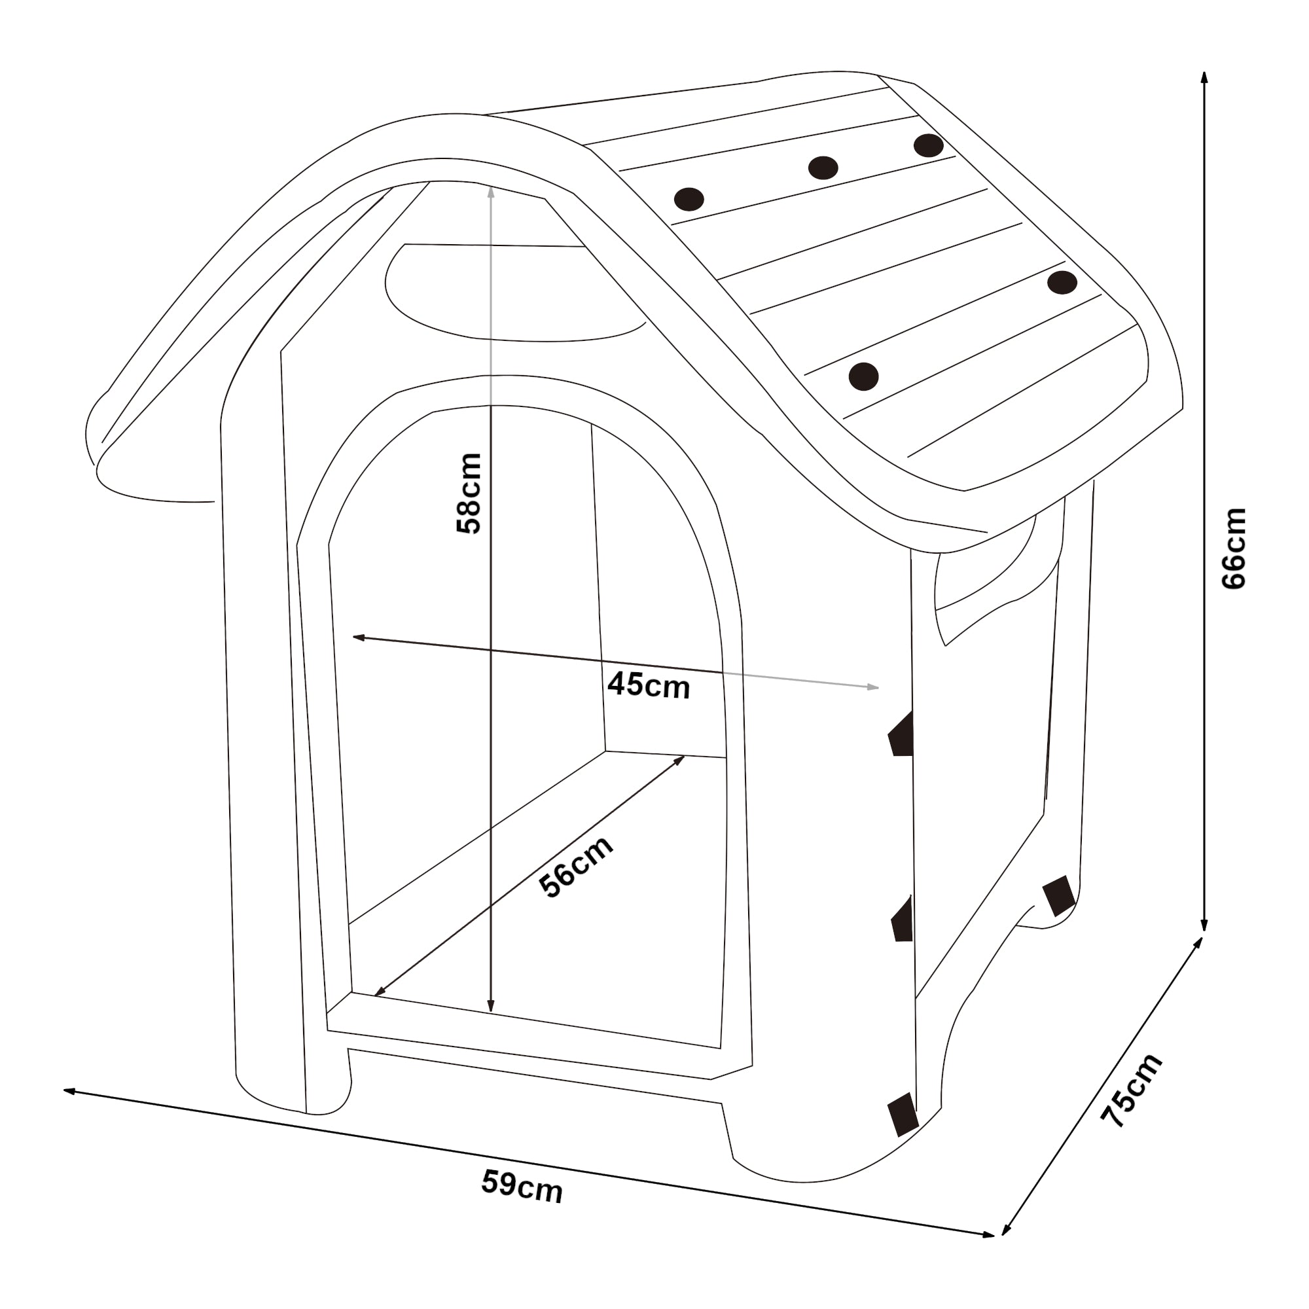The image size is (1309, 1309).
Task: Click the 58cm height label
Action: click(x=469, y=493)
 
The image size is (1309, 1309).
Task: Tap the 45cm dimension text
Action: click(x=649, y=685)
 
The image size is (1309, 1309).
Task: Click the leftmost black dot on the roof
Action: click(x=689, y=199)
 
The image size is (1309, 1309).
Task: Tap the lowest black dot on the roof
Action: click(x=863, y=377)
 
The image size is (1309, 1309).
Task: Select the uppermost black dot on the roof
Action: click(x=928, y=145)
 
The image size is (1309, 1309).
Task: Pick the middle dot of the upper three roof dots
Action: click(x=823, y=168)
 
